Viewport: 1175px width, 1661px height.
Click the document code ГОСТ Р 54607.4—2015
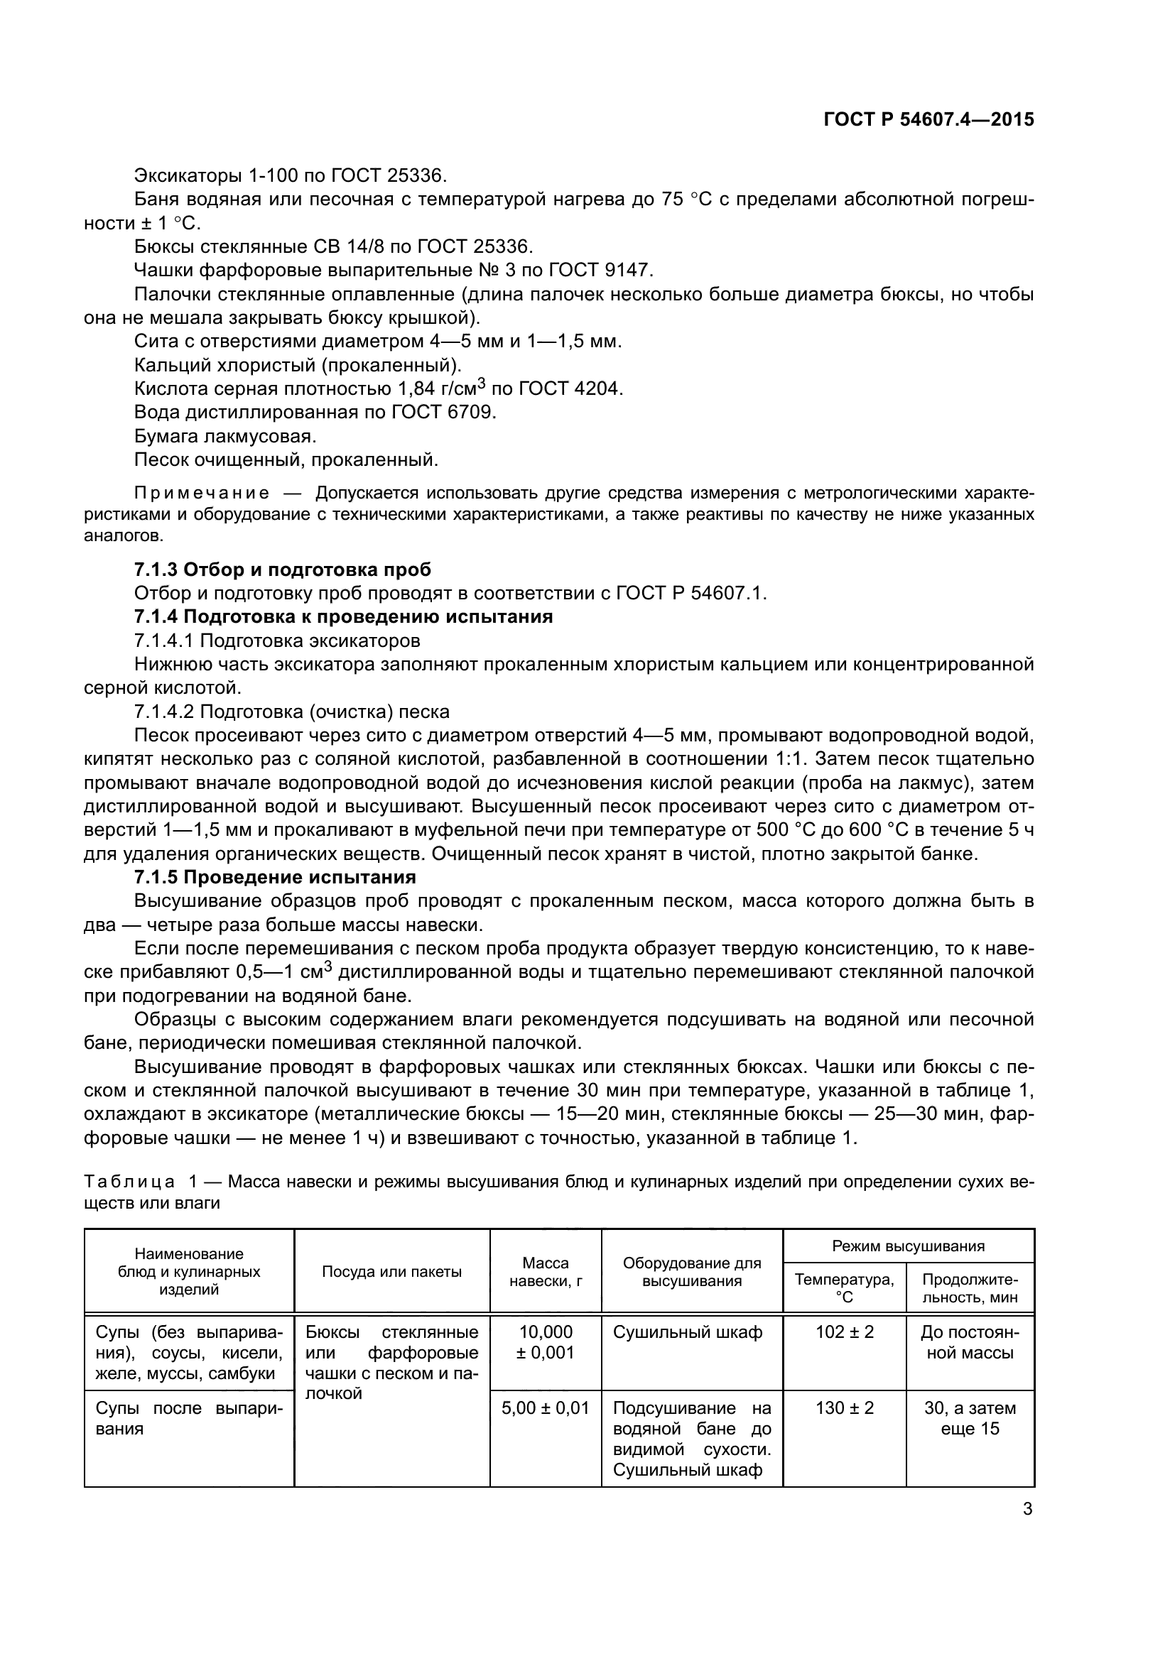928,119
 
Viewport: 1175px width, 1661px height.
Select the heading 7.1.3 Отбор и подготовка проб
283,570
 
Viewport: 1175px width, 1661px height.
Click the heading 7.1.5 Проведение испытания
275,878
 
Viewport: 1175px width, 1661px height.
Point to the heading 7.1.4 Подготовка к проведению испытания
344,616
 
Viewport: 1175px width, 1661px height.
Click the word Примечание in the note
202,494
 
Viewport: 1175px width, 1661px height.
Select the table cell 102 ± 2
845,1331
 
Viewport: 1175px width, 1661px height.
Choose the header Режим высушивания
908,1246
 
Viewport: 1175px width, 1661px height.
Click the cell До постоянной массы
970,1342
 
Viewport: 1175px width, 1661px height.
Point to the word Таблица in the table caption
129,1182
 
